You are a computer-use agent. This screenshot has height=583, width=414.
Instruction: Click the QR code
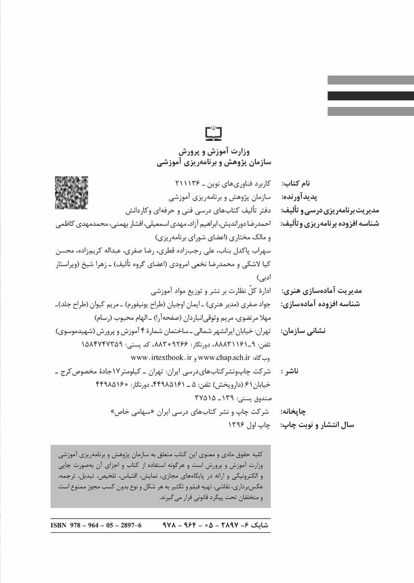pyautogui.click(x=71, y=193)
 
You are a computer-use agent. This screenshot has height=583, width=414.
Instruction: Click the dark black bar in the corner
pyautogui.click(x=371, y=96)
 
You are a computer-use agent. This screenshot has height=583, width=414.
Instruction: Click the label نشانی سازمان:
pyautogui.click(x=303, y=331)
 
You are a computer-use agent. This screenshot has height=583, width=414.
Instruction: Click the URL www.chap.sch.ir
pyautogui.click(x=224, y=357)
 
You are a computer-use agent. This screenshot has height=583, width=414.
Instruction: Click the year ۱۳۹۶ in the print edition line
pyautogui.click(x=236, y=425)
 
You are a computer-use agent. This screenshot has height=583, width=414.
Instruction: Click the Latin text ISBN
pyautogui.click(x=58, y=525)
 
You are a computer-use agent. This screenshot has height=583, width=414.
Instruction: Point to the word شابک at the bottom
pyautogui.click(x=258, y=525)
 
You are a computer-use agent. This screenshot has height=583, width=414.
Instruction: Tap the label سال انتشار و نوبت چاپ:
pyautogui.click(x=317, y=425)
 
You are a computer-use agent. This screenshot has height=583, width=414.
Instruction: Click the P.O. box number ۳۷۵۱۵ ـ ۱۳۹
pyautogui.click(x=214, y=398)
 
